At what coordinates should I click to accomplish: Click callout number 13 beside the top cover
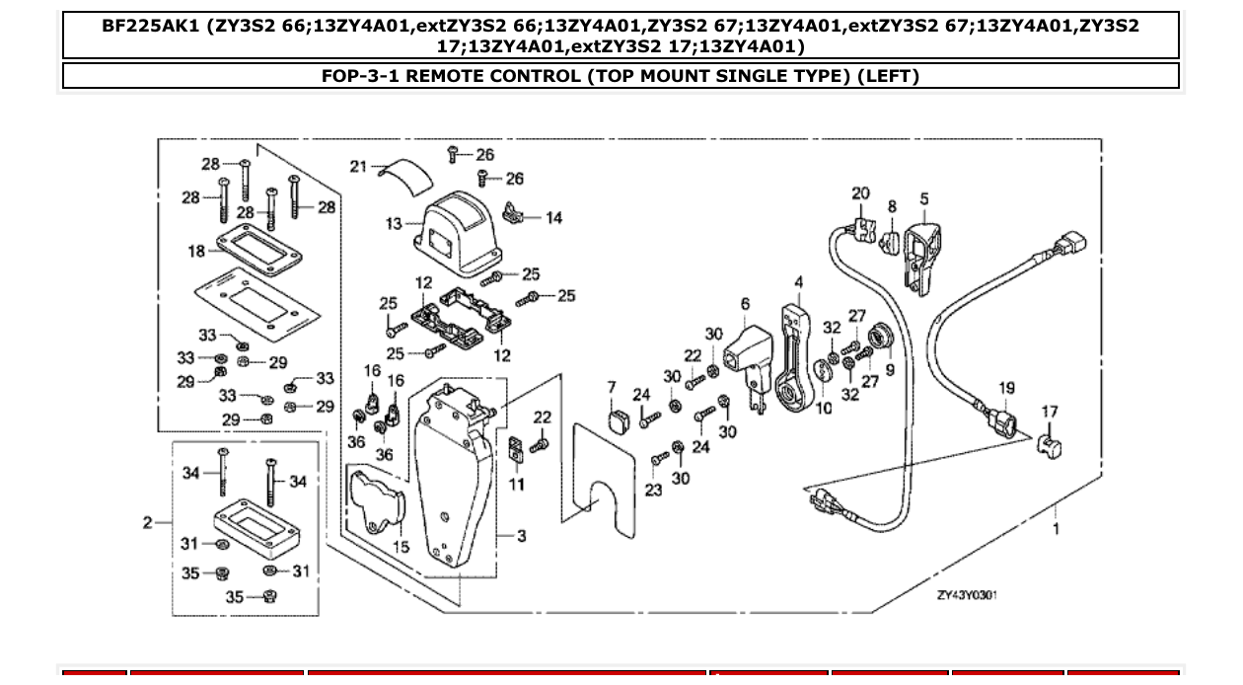(x=394, y=224)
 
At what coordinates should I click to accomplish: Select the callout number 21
(x=357, y=167)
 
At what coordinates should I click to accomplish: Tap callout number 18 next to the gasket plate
(x=196, y=252)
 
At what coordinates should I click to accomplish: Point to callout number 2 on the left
(x=147, y=522)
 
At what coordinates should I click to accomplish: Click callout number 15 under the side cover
(x=401, y=546)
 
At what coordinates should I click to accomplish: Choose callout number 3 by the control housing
(x=521, y=536)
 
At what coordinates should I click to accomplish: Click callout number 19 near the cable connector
(x=1005, y=389)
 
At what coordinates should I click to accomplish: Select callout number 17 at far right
(x=1050, y=413)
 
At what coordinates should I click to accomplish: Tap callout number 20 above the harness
(x=860, y=193)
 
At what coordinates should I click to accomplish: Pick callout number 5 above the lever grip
(x=923, y=199)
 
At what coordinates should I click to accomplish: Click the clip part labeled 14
(x=513, y=212)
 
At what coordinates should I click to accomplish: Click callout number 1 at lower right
(x=1057, y=529)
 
